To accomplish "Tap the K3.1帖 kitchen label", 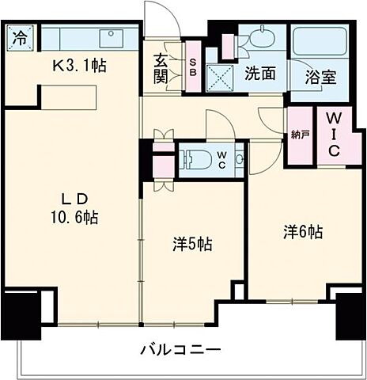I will (78, 65).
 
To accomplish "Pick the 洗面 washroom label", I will (259, 74).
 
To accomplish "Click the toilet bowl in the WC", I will (198, 160).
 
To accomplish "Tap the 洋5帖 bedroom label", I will (191, 245).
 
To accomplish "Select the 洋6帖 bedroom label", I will (304, 232).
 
